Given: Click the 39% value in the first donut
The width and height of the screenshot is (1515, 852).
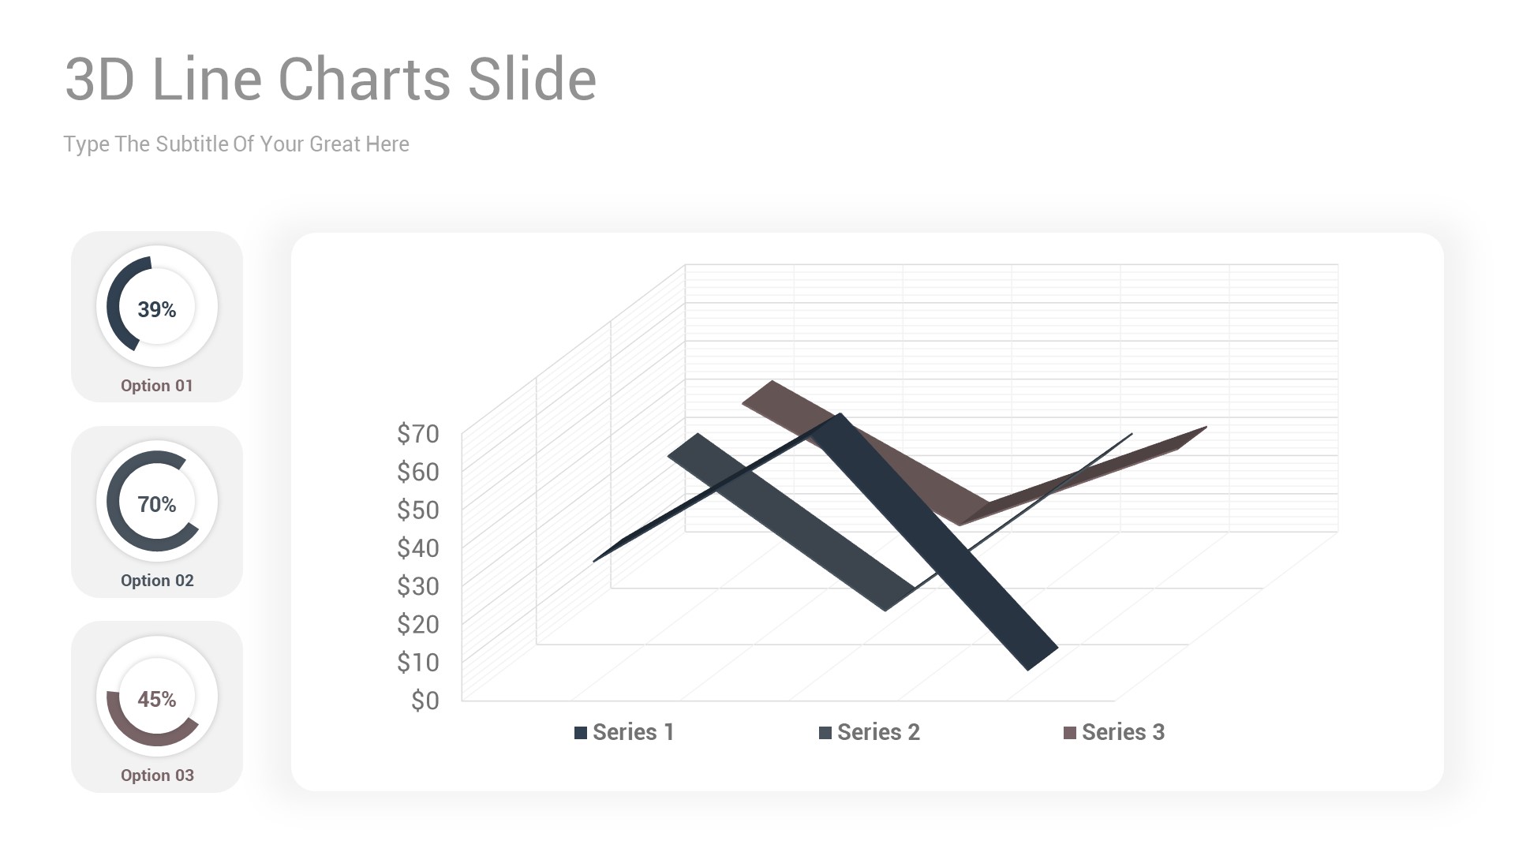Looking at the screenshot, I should pos(156,309).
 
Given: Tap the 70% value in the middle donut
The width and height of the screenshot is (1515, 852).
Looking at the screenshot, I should pos(156,504).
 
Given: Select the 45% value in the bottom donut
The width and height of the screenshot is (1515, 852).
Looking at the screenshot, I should pos(156,699).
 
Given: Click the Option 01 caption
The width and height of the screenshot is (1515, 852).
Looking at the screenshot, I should pos(156,386).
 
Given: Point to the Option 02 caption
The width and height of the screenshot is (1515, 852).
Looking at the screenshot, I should pos(156,581).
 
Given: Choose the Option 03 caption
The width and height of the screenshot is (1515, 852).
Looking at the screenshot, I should pos(156,775).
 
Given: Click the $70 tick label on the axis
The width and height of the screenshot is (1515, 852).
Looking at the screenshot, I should pos(417,433).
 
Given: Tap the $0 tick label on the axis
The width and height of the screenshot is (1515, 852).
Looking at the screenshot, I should pos(425,701).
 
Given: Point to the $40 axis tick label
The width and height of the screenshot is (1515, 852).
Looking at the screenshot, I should pos(417,547).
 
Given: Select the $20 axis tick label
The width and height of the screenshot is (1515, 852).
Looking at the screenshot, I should pos(417,624).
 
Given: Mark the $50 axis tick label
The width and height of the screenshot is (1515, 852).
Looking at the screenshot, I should pos(417,510).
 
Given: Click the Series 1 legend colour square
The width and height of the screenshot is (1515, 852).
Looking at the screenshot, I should pos(581,733).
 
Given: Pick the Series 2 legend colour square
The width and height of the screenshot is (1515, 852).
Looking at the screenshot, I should pos(825,733).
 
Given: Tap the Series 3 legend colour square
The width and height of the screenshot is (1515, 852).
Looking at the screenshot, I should pos(1070,733).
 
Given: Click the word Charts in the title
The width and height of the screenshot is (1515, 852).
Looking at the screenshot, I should pos(365,79).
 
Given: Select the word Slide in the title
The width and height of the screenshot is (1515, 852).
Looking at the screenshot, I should pos(532,79).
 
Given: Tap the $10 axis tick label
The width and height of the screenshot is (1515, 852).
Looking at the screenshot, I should pos(417,662).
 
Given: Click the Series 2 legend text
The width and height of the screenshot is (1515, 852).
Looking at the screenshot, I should pos(878,732).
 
